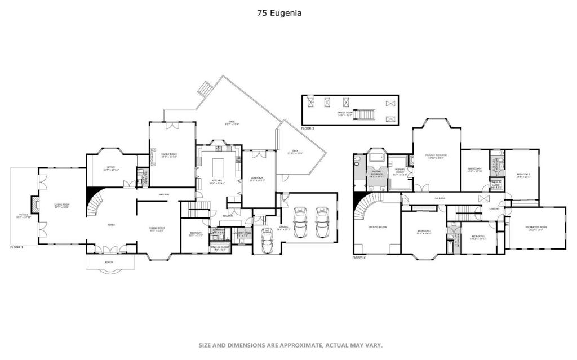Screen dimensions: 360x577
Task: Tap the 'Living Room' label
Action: [x=61, y=206]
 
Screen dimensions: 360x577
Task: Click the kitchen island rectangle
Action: [x=218, y=167]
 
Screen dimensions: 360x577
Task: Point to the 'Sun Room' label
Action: [x=258, y=179]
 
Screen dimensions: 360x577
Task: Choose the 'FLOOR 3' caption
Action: [x=308, y=128]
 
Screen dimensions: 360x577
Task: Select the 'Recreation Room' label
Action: [x=536, y=228]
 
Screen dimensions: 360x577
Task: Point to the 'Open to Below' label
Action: [x=376, y=228]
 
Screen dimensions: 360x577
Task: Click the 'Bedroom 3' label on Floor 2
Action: [x=523, y=175]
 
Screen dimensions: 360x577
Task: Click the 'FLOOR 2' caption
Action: [x=359, y=257]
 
